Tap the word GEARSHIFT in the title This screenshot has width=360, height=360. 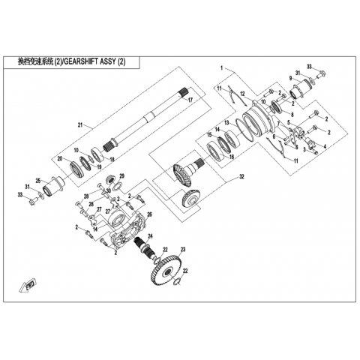pos(80,61)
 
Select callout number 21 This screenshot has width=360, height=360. pos(80,125)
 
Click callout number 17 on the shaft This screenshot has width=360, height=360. pos(190,100)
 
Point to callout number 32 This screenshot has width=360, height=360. pos(241,177)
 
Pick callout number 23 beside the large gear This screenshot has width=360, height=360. pos(183,249)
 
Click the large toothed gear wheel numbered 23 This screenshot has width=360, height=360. pos(166,271)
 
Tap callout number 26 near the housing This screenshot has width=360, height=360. pos(149,214)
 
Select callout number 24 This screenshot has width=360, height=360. pos(150,235)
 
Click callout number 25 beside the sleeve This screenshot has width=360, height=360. pos(38,180)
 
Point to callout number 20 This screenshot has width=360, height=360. pos(60,158)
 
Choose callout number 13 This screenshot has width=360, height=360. pos(226,123)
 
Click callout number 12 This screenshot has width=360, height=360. pos(241,94)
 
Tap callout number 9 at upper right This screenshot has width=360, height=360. pos(290,78)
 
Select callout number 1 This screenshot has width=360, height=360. pos(221,67)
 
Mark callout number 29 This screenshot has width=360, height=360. pos(121,175)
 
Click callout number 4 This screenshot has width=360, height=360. pos(325,146)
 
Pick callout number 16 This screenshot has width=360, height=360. pos(232,157)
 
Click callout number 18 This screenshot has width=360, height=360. pos(112,159)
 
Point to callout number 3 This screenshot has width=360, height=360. pos(304,149)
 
